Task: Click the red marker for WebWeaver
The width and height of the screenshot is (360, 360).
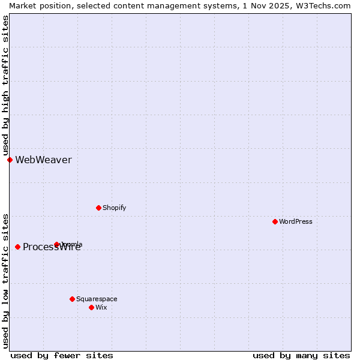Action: [x=10, y=160]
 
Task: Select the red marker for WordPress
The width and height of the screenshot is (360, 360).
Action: [x=275, y=221]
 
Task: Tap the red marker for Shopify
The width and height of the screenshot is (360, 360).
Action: [x=98, y=208]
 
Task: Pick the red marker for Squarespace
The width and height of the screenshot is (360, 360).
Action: [x=72, y=299]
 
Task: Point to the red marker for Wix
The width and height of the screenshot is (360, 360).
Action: [x=91, y=307]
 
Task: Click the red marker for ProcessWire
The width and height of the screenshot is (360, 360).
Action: [x=17, y=247]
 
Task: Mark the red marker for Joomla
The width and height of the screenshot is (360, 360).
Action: [x=56, y=244]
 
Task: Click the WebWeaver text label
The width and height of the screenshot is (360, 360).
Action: [x=43, y=160]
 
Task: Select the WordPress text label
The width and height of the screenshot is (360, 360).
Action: [x=296, y=221]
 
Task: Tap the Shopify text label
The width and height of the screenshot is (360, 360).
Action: [x=114, y=208]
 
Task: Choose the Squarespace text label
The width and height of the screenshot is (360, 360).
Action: [x=97, y=299]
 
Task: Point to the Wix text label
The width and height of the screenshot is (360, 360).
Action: [x=101, y=307]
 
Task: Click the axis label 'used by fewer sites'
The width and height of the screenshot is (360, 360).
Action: [x=62, y=355]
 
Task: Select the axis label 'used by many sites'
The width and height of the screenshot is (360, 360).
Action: [x=301, y=355]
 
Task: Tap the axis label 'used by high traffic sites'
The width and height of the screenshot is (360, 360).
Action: [x=5, y=86]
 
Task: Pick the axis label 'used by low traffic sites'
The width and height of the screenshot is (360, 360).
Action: [x=5, y=281]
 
